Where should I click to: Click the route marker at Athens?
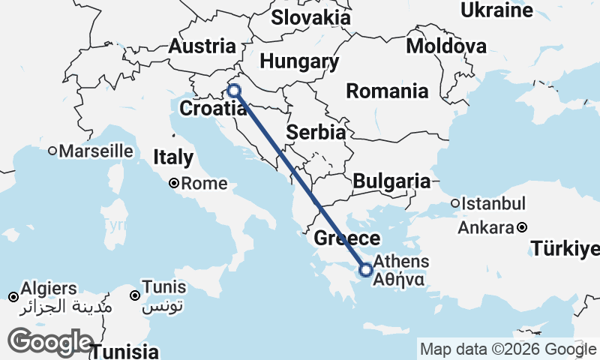366,269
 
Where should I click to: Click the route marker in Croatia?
234,91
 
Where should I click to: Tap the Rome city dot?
173,182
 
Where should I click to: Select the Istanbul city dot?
455,203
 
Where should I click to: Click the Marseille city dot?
52,151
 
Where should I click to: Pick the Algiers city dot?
13,298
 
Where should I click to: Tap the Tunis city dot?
136,295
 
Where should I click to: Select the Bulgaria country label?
391,181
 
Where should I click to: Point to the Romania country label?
387,91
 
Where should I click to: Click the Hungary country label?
298,61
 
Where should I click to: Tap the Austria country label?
202,46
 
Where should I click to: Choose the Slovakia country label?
310,17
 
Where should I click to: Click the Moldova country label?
446,46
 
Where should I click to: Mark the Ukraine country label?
496,10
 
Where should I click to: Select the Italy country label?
173,158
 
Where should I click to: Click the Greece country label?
346,239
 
